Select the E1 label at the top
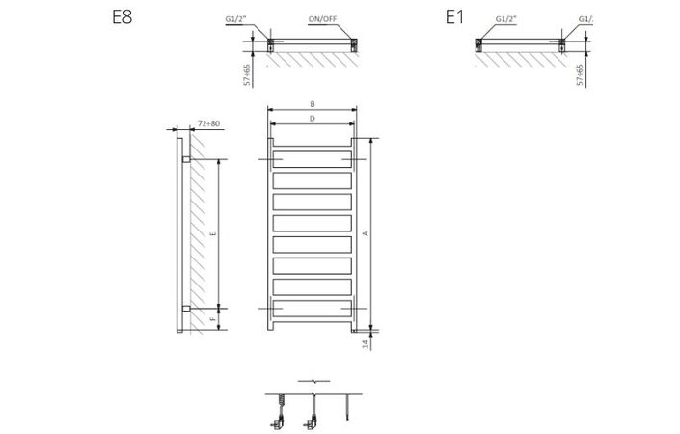pyautogui.click(x=454, y=17)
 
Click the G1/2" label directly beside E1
pyautogui.click(x=504, y=19)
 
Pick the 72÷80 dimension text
pyautogui.click(x=208, y=123)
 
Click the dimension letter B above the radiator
pyautogui.click(x=313, y=103)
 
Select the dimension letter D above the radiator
pyautogui.click(x=313, y=118)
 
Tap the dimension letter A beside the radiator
pyautogui.click(x=365, y=233)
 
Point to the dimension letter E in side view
pyautogui.click(x=214, y=233)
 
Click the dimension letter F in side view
pyautogui.click(x=214, y=317)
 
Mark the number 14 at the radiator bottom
pyautogui.click(x=366, y=343)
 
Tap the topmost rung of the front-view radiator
pyautogui.click(x=313, y=158)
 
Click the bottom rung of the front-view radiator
pyautogui.click(x=313, y=308)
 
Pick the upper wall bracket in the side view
pyautogui.click(x=185, y=158)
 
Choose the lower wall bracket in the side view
pyautogui.click(x=185, y=309)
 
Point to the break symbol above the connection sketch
pyautogui.click(x=313, y=382)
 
